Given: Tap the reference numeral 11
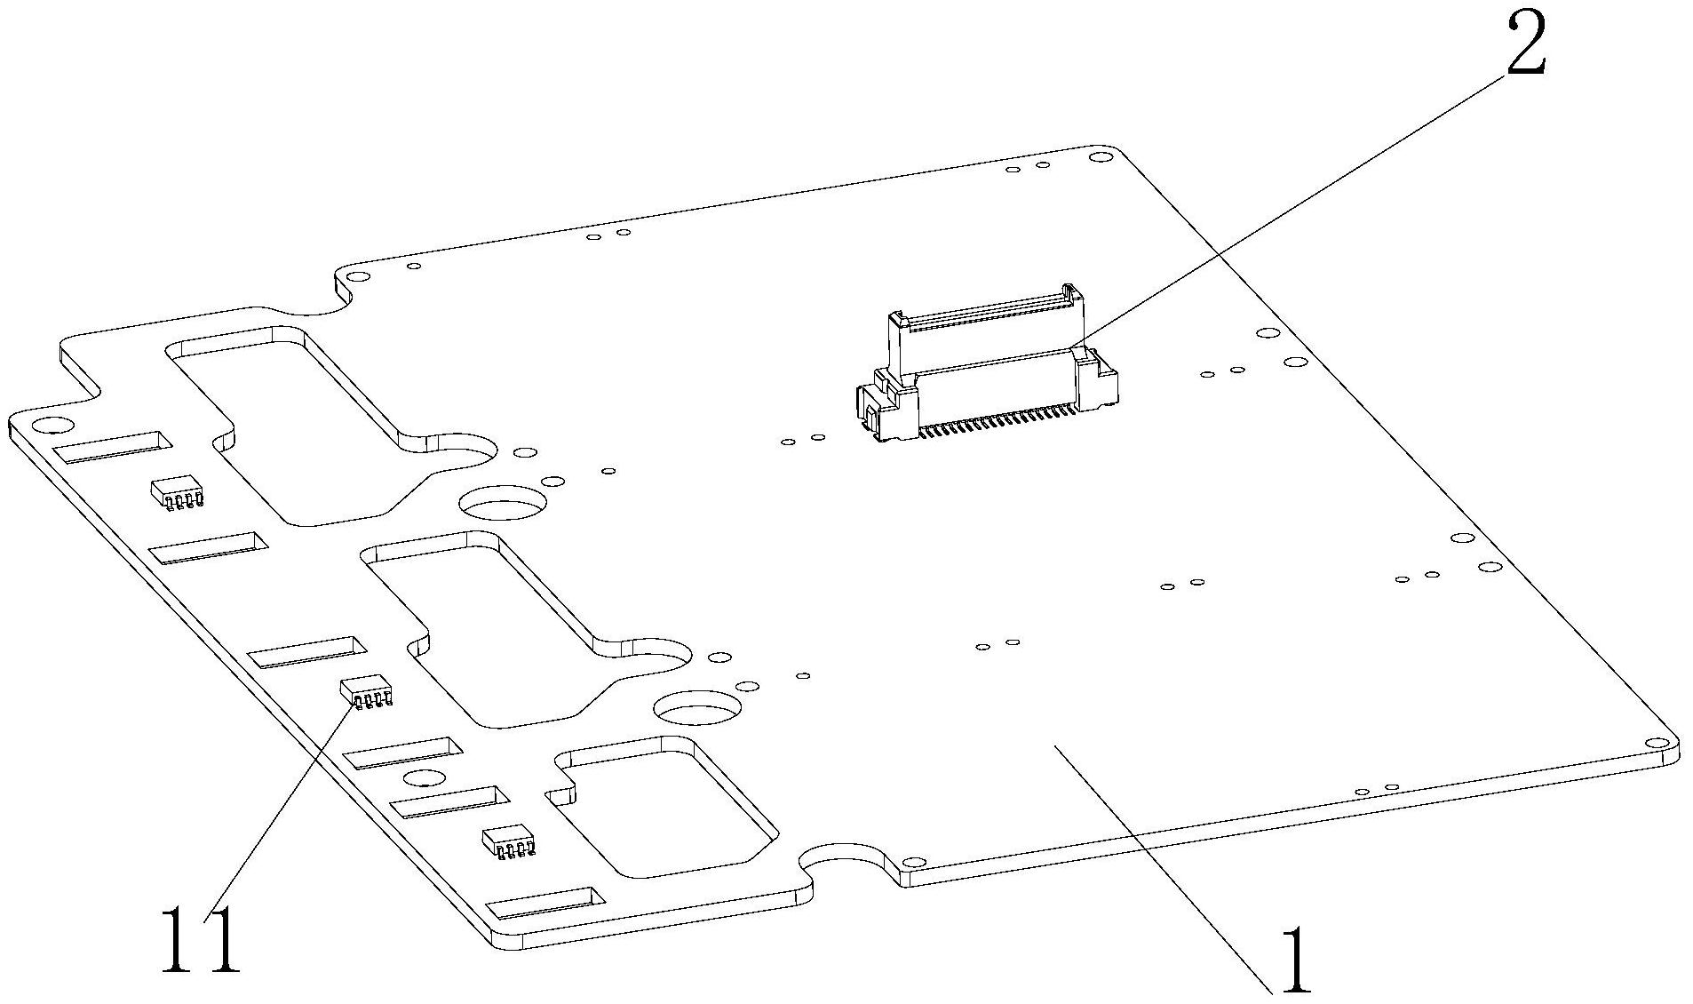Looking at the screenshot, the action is pyautogui.click(x=201, y=940).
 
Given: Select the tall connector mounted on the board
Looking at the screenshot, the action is pyautogui.click(x=986, y=364).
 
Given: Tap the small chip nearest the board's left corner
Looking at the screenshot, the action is pyautogui.click(x=178, y=493).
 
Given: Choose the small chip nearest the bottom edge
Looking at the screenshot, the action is pyautogui.click(x=509, y=841).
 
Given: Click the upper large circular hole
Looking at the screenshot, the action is pyautogui.click(x=503, y=502).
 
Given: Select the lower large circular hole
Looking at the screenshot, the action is pyautogui.click(x=697, y=708).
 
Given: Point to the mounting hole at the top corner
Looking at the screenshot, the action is pyautogui.click(x=1101, y=157).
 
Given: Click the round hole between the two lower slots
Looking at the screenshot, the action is pyautogui.click(x=425, y=778).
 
